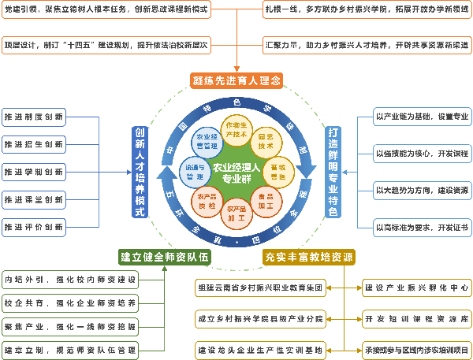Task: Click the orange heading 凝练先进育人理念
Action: point(236,80)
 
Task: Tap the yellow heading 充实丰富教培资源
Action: point(308,257)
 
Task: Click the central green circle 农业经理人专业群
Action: point(236,173)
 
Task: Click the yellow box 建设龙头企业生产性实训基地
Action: point(260,347)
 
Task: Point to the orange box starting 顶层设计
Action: point(106,44)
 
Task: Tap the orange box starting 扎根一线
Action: point(366,10)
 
